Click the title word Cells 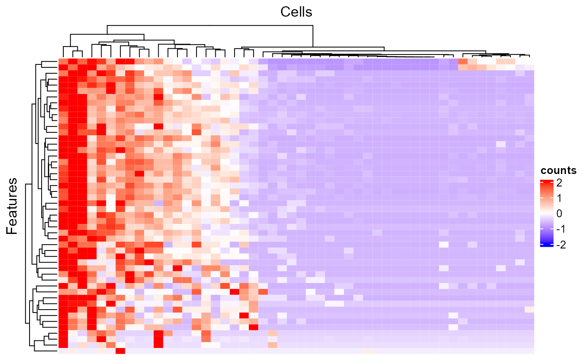296,12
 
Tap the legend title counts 558,171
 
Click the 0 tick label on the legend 559,214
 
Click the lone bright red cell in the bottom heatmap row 120,351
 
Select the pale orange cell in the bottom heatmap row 367,351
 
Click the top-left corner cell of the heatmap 63,62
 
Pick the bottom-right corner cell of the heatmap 529,351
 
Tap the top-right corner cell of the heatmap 529,62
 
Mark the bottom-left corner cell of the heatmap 63,351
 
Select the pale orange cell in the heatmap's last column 529,310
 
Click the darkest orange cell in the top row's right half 462,62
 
